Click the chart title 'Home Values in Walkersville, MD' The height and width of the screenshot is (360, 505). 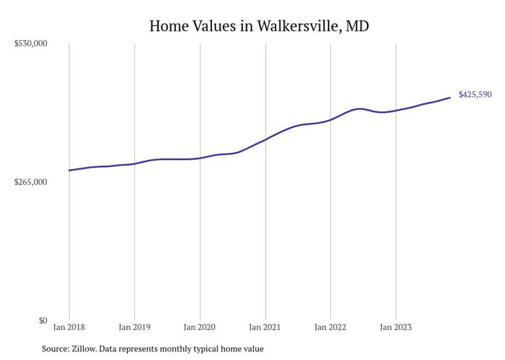[x=259, y=26]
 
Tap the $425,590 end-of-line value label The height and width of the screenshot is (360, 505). [x=475, y=95]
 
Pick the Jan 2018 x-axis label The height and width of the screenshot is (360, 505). [x=69, y=327]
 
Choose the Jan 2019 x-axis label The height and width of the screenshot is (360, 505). [x=134, y=327]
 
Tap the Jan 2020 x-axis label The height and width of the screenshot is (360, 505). [x=200, y=327]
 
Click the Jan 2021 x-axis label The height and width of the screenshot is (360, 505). [x=265, y=327]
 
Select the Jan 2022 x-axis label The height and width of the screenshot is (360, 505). [x=330, y=327]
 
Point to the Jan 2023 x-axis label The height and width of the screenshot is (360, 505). [x=396, y=327]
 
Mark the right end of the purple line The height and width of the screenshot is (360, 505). [x=450, y=97]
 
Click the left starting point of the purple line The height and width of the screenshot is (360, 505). [x=69, y=170]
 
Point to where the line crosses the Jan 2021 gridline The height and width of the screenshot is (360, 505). [x=265, y=139]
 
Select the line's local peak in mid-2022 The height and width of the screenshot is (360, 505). [x=360, y=109]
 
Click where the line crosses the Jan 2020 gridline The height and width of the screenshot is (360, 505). [x=200, y=158]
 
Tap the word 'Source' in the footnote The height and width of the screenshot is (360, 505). [x=55, y=349]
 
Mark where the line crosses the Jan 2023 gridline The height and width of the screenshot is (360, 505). [x=396, y=111]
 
